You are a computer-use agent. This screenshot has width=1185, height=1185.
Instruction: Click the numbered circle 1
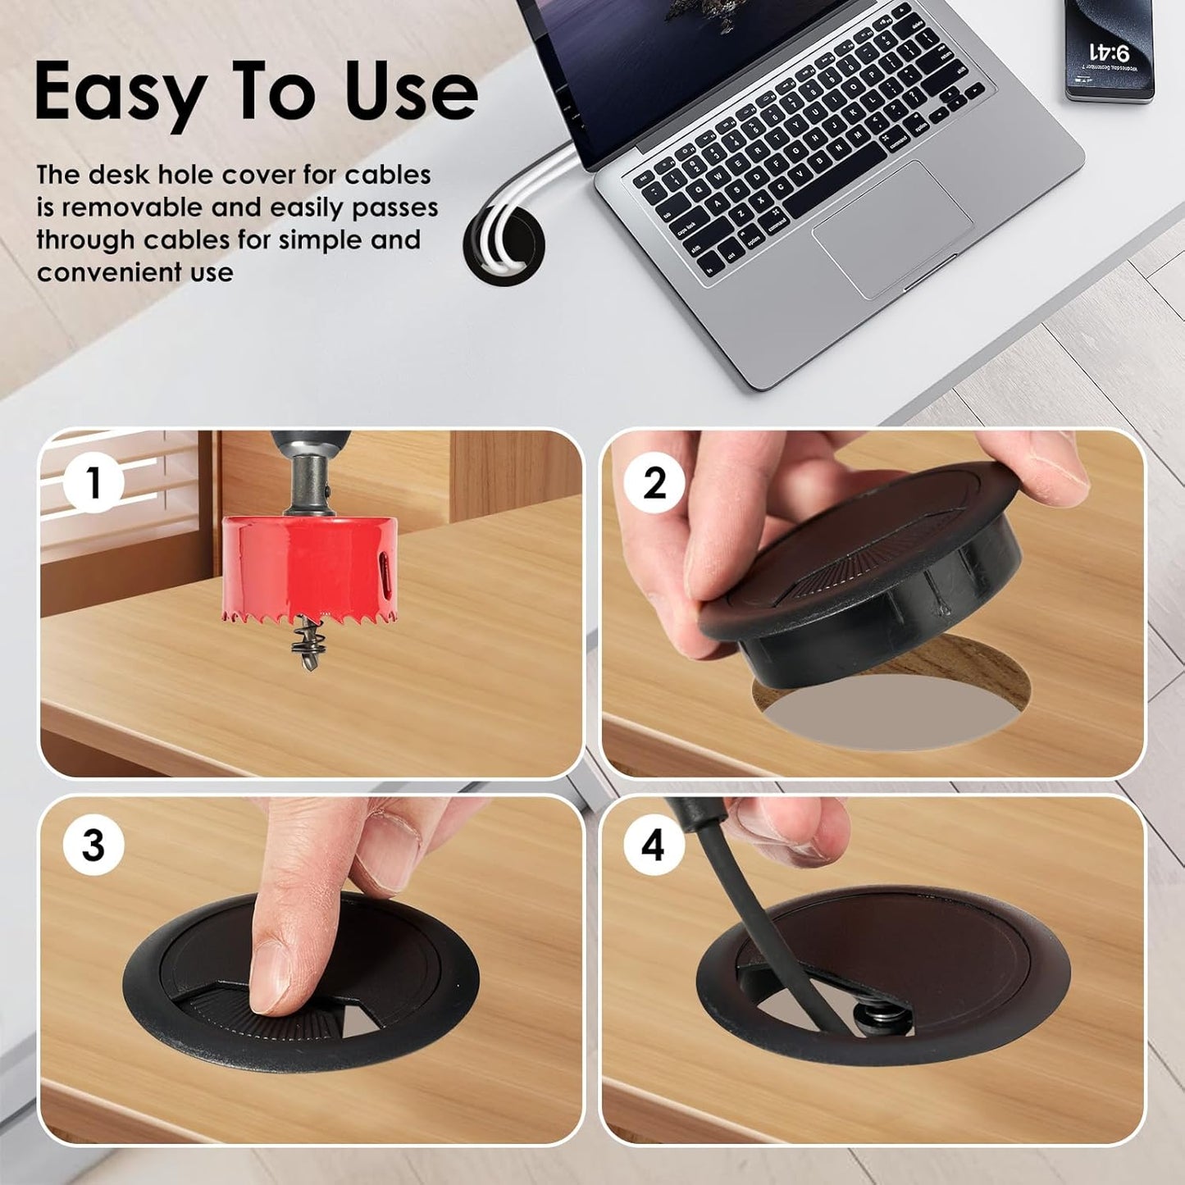coord(93,482)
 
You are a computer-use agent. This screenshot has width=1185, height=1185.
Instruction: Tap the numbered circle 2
coord(654,482)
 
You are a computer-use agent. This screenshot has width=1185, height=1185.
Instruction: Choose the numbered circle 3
coord(93,845)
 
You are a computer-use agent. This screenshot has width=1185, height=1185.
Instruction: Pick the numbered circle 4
coord(653,845)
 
